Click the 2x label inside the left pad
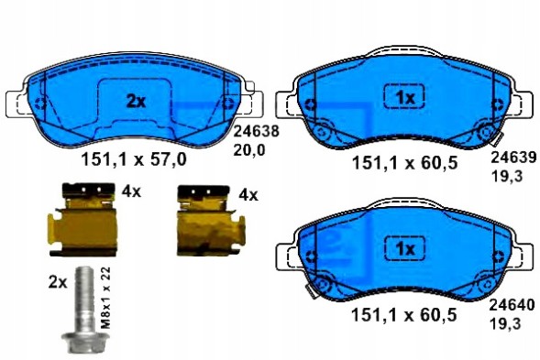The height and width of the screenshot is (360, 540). (x=136, y=103)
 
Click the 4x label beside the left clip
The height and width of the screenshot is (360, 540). (x=131, y=192)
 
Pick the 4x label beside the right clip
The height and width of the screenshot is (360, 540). (x=248, y=195)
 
